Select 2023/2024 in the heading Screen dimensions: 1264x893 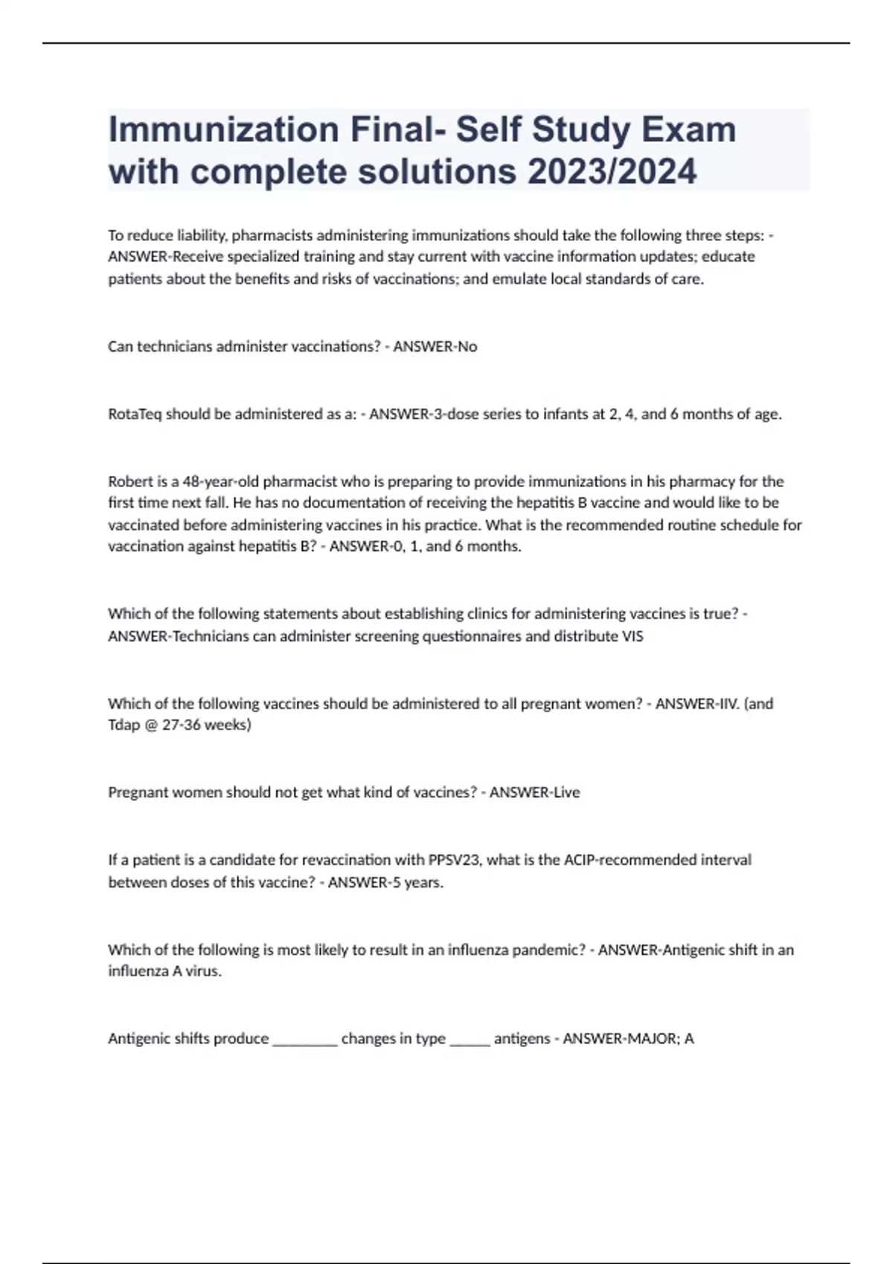tap(612, 172)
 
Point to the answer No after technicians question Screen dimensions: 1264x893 tap(467, 346)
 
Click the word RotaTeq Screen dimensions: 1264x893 tap(135, 414)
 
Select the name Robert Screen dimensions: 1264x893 tap(130, 481)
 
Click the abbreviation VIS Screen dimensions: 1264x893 tap(633, 636)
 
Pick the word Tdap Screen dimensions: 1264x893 tap(124, 725)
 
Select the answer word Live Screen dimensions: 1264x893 tap(566, 793)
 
